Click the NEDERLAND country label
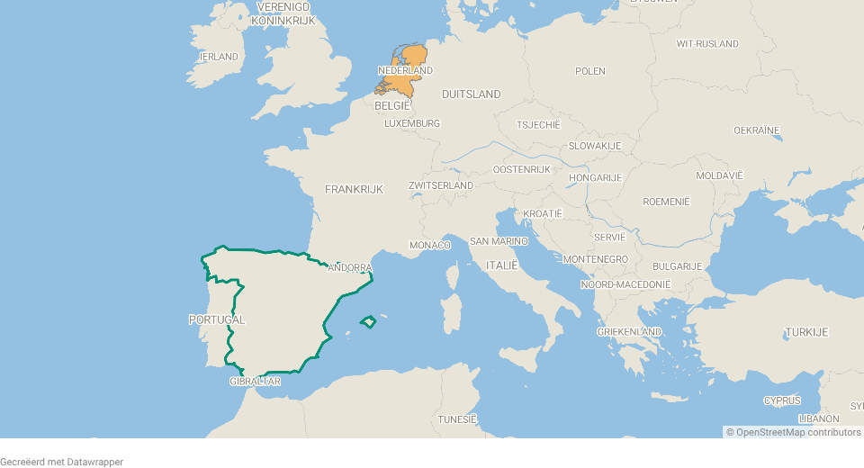tap(405, 70)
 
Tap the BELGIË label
tap(392, 105)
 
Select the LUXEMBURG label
tap(412, 123)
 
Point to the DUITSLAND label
tap(472, 94)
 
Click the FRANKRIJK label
tap(354, 189)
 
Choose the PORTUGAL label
tap(216, 319)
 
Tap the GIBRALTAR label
tap(256, 382)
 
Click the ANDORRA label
tap(351, 268)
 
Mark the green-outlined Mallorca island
tap(367, 321)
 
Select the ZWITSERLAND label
tap(441, 185)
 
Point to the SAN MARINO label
tap(499, 241)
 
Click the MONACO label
tap(430, 245)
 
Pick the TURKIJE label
tap(805, 332)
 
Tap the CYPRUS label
tap(782, 400)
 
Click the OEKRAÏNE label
tap(756, 130)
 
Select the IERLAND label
tap(219, 57)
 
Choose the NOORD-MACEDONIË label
tap(625, 284)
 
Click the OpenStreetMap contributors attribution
tap(798, 432)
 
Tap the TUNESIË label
tap(457, 419)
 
